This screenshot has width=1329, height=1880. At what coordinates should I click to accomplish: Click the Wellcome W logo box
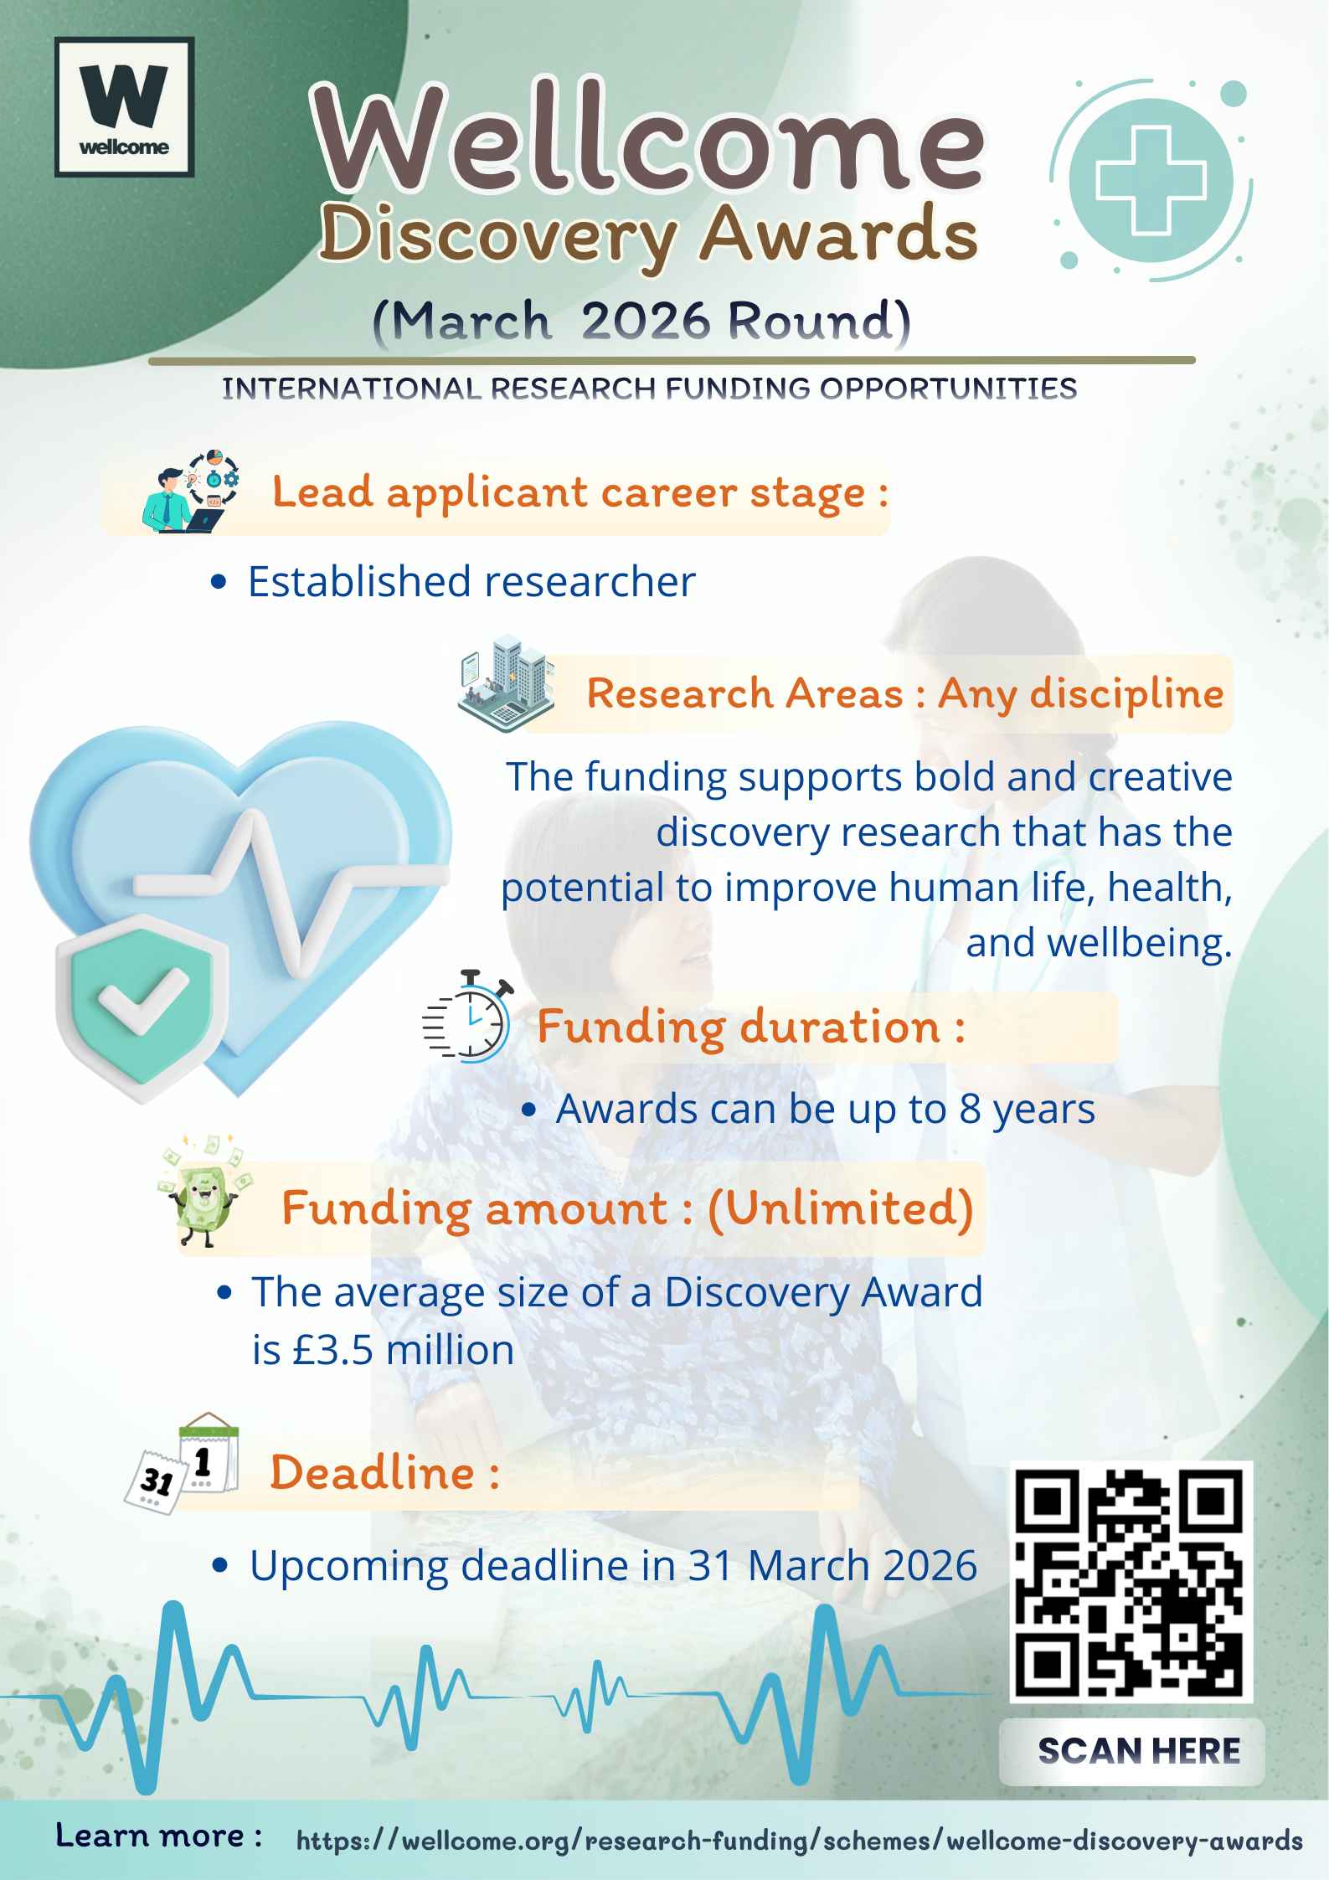(124, 106)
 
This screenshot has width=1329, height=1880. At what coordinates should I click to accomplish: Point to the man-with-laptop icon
(191, 492)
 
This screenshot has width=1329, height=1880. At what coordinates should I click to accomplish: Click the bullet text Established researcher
(471, 581)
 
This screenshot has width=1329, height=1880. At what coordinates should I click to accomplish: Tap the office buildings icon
(506, 682)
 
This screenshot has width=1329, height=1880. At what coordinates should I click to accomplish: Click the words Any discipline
(1080, 693)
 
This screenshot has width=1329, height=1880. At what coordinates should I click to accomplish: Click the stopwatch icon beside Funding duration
(467, 1018)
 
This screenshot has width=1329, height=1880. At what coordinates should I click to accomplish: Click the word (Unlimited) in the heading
(840, 1208)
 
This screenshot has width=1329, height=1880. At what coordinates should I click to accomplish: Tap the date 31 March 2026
(832, 1565)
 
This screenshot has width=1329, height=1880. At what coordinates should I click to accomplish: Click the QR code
(1130, 1582)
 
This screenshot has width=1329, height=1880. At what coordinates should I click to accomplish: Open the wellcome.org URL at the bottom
(799, 1841)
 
